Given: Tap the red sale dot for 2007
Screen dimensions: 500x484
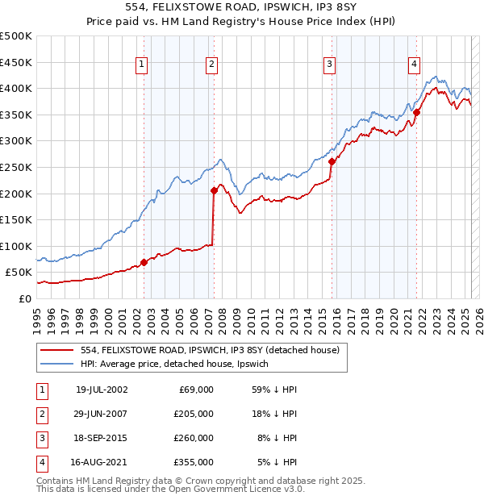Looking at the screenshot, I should click(x=215, y=190).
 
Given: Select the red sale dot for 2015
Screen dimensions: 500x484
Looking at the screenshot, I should click(x=332, y=161).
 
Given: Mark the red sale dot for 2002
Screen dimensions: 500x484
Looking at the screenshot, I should click(x=144, y=262).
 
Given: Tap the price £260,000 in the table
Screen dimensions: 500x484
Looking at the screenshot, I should click(x=193, y=438).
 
